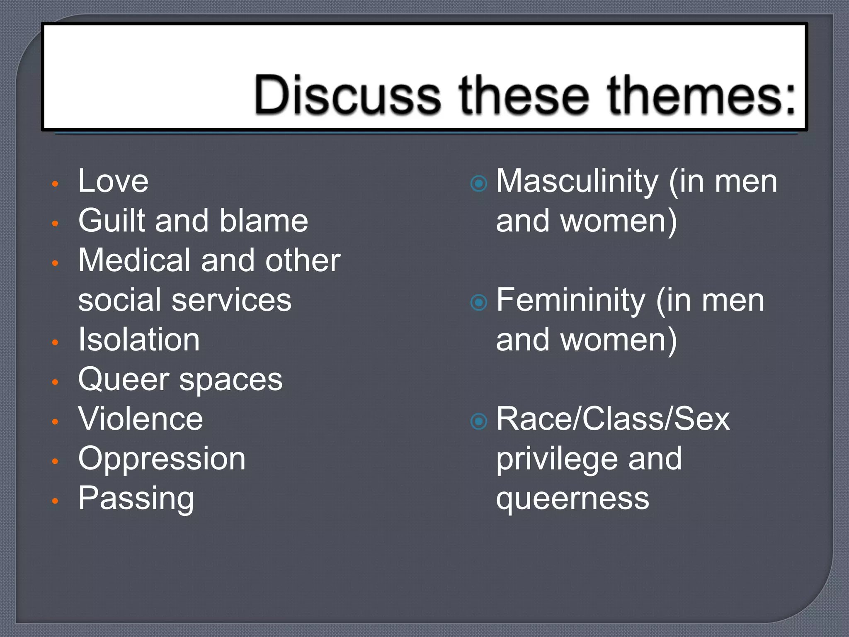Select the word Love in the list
[x=113, y=181]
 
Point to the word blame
[x=264, y=221]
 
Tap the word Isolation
[x=139, y=340]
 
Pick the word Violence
[x=141, y=419]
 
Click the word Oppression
[x=162, y=459]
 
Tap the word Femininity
[x=570, y=300]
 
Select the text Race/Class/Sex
[x=613, y=419]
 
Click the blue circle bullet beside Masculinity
[x=479, y=183]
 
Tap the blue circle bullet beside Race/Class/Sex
[x=479, y=421]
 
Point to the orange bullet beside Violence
[x=55, y=421]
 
